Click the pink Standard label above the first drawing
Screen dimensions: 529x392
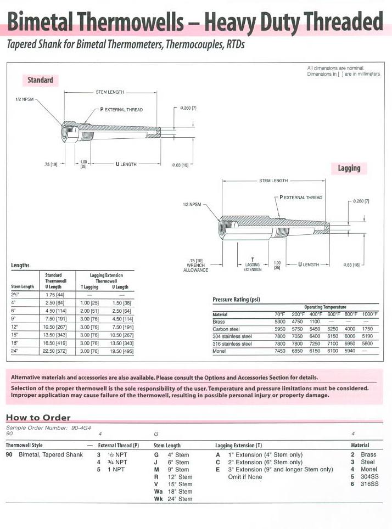pyautogui.click(x=41, y=80)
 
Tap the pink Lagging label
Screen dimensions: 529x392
pyautogui.click(x=349, y=168)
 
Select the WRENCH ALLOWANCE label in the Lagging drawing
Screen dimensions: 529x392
pyautogui.click(x=195, y=266)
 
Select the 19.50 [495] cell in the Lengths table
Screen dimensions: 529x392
pyautogui.click(x=120, y=350)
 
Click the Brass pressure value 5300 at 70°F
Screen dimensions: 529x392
pyautogui.click(x=280, y=322)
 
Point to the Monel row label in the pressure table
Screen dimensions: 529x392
pyautogui.click(x=220, y=351)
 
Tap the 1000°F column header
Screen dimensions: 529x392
pyautogui.click(x=370, y=314)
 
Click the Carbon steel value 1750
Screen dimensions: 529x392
pyautogui.click(x=370, y=329)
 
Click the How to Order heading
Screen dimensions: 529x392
pyautogui.click(x=38, y=418)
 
